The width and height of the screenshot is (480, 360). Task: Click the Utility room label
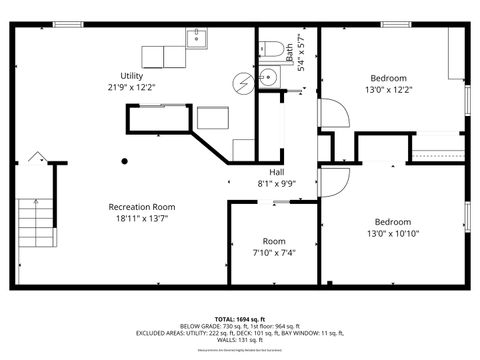click(132, 76)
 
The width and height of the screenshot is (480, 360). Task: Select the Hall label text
click(276, 172)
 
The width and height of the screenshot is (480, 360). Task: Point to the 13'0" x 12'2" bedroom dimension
click(389, 90)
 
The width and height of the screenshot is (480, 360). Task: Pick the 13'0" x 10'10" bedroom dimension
click(392, 234)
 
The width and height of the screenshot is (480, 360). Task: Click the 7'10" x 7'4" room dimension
click(274, 253)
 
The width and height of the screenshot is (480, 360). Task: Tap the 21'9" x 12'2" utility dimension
click(132, 87)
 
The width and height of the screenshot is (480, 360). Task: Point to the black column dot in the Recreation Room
click(125, 160)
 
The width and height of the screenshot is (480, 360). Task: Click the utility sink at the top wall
click(196, 39)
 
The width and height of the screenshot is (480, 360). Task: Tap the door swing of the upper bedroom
click(333, 113)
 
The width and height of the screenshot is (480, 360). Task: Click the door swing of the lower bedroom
click(333, 183)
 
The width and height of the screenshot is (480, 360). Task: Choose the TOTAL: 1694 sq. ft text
click(240, 317)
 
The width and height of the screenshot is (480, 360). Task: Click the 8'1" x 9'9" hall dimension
click(276, 183)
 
